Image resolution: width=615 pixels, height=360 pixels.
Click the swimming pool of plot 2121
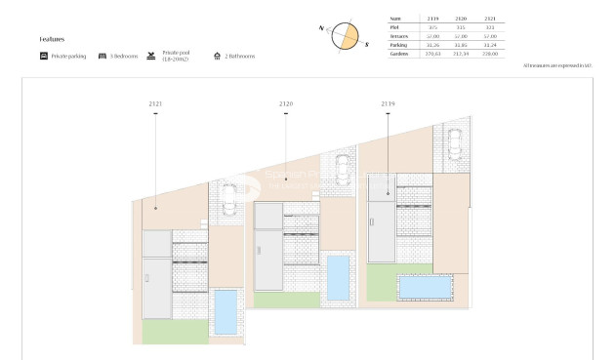(224, 310)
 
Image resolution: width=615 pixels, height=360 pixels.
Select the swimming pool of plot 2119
(426, 288)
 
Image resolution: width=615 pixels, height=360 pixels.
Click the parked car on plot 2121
(228, 198)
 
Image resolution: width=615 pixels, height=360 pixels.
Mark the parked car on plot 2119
(454, 144)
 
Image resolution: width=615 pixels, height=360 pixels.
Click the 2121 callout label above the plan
(155, 102)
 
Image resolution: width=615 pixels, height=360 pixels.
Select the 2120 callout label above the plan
(286, 102)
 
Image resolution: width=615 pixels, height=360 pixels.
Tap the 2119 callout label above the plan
(389, 102)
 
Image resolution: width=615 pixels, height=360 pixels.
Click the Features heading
(53, 39)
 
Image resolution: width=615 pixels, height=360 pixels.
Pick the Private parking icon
(44, 57)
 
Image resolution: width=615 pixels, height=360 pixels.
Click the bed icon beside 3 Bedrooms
(102, 57)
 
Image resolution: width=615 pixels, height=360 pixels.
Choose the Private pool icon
(151, 57)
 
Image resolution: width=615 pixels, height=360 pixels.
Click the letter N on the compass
(321, 28)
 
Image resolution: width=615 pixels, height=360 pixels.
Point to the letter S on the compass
(366, 44)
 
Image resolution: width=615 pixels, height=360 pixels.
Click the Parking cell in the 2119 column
(433, 45)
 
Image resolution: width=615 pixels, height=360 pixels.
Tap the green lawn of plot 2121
(176, 332)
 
